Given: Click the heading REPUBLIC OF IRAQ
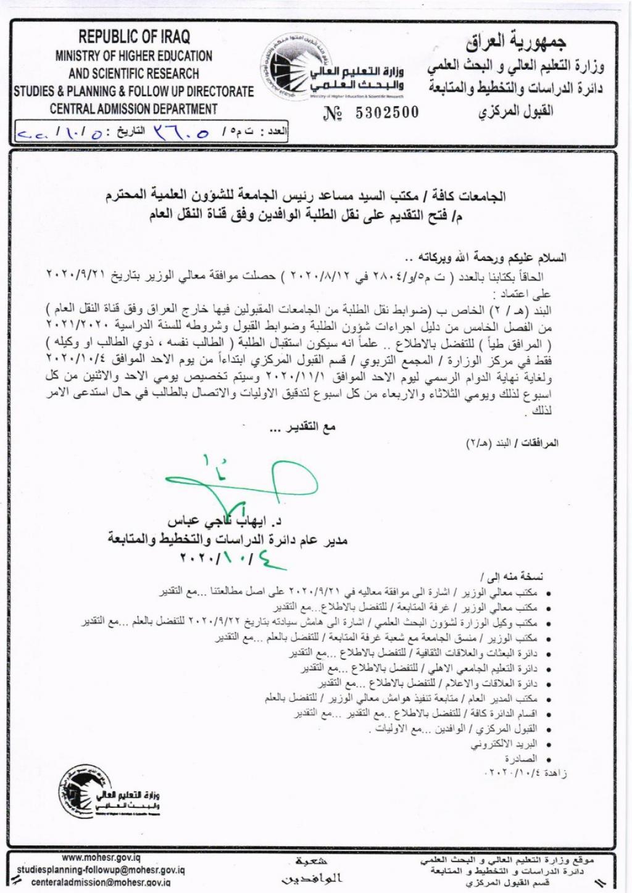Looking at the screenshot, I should [134, 36].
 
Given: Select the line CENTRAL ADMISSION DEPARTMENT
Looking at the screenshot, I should [134, 109].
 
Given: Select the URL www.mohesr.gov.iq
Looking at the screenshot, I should [101, 858].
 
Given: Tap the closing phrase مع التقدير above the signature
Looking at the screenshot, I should [302, 427].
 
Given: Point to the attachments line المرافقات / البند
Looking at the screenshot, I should [512, 443].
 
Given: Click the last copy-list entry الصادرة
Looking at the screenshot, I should [521, 759].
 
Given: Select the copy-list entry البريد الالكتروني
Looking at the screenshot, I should [504, 744].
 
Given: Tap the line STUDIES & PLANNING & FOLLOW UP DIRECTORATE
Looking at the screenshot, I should [134, 91].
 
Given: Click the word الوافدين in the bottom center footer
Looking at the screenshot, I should [311, 878].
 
